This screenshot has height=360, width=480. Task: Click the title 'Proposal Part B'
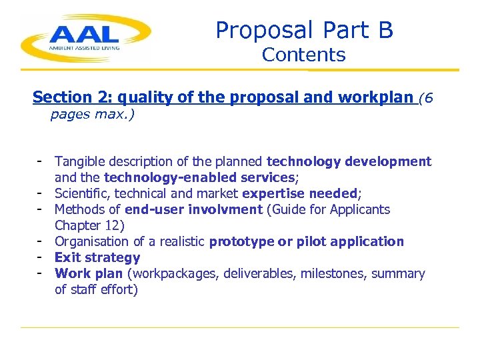304,30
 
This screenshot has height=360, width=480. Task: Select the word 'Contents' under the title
304,55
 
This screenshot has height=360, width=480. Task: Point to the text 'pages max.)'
93,115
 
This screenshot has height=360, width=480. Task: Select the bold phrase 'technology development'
349,161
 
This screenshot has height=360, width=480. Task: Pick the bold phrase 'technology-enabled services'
199,177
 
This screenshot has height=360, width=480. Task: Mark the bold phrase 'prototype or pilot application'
306,241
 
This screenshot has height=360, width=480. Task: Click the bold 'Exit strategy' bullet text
97,257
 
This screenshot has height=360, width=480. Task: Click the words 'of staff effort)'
96,289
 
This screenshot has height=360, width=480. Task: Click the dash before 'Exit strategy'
41,257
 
